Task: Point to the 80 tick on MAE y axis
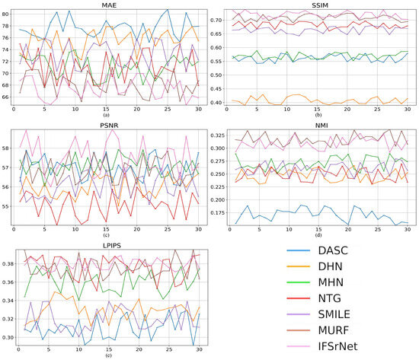[x=5, y=14]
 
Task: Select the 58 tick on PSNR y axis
[x=5, y=148]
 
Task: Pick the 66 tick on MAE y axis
[x=5, y=97]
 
